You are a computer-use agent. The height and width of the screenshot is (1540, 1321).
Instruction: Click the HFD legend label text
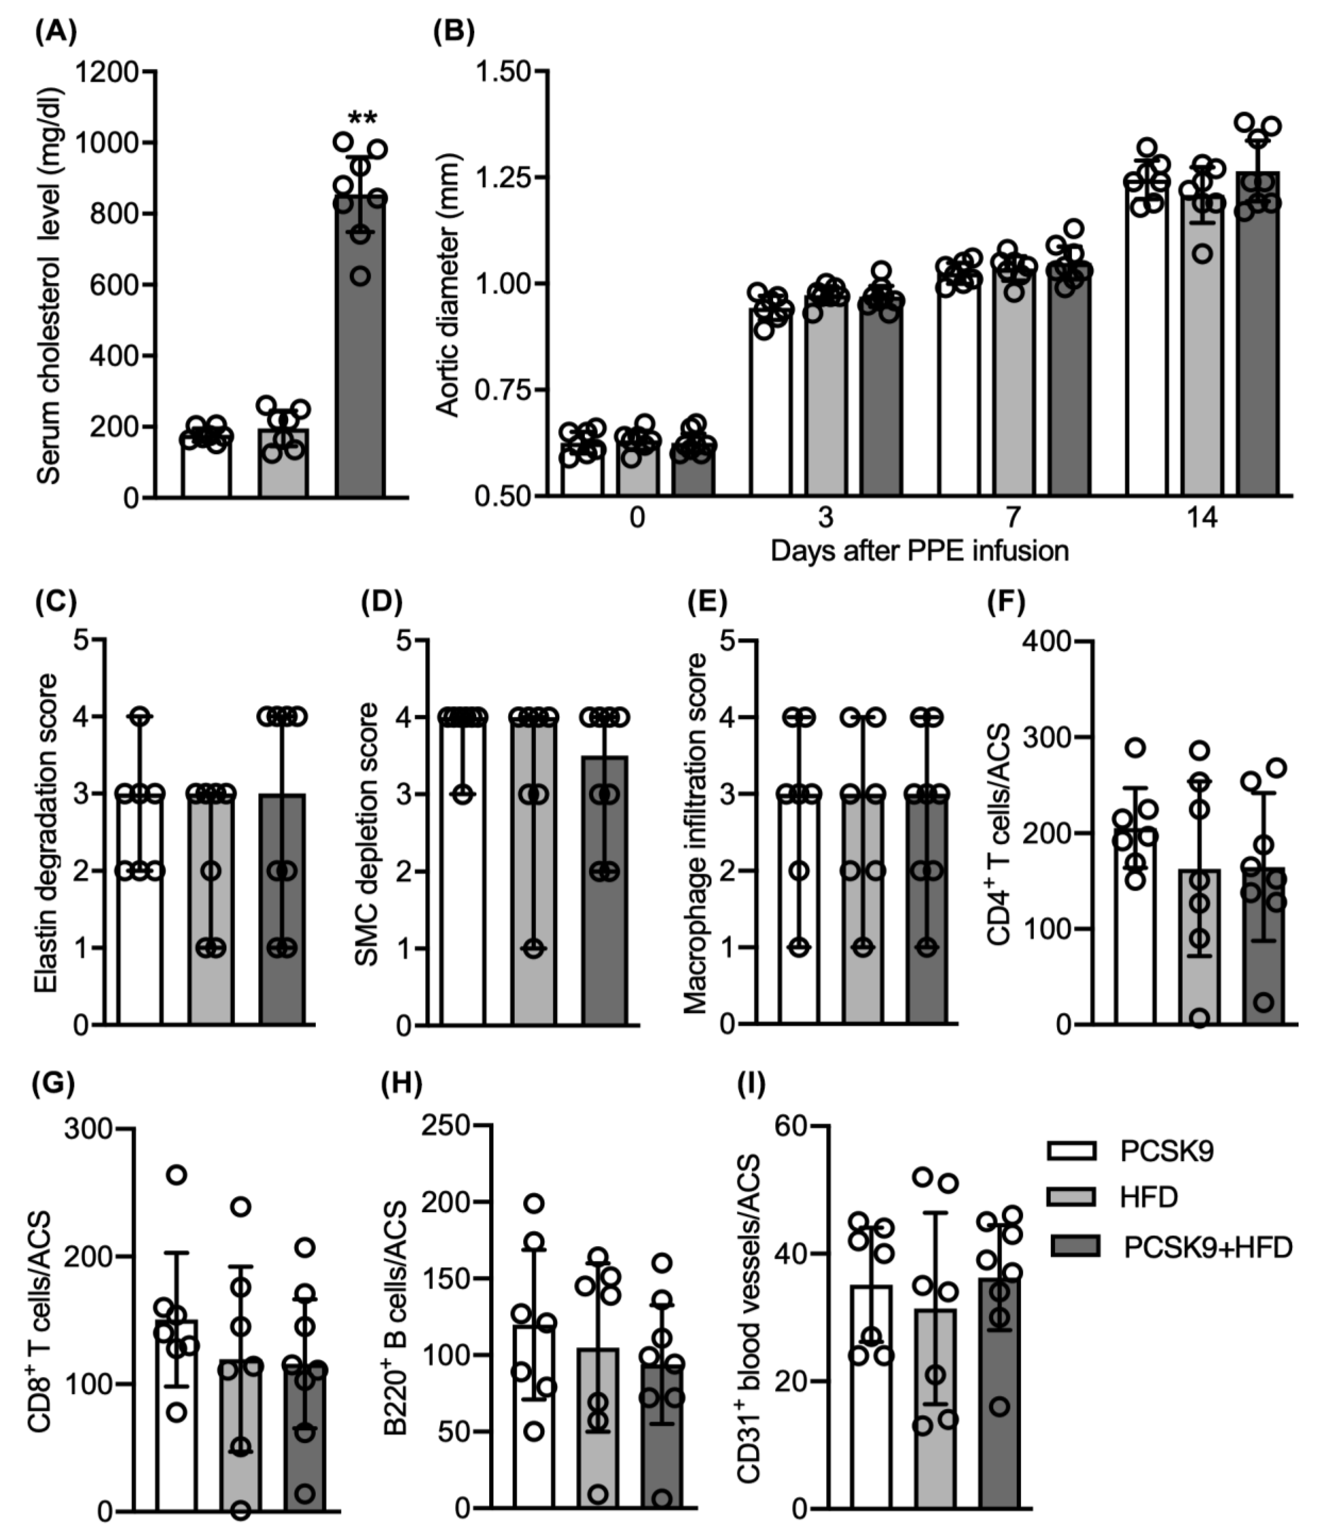(x=1148, y=1199)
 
